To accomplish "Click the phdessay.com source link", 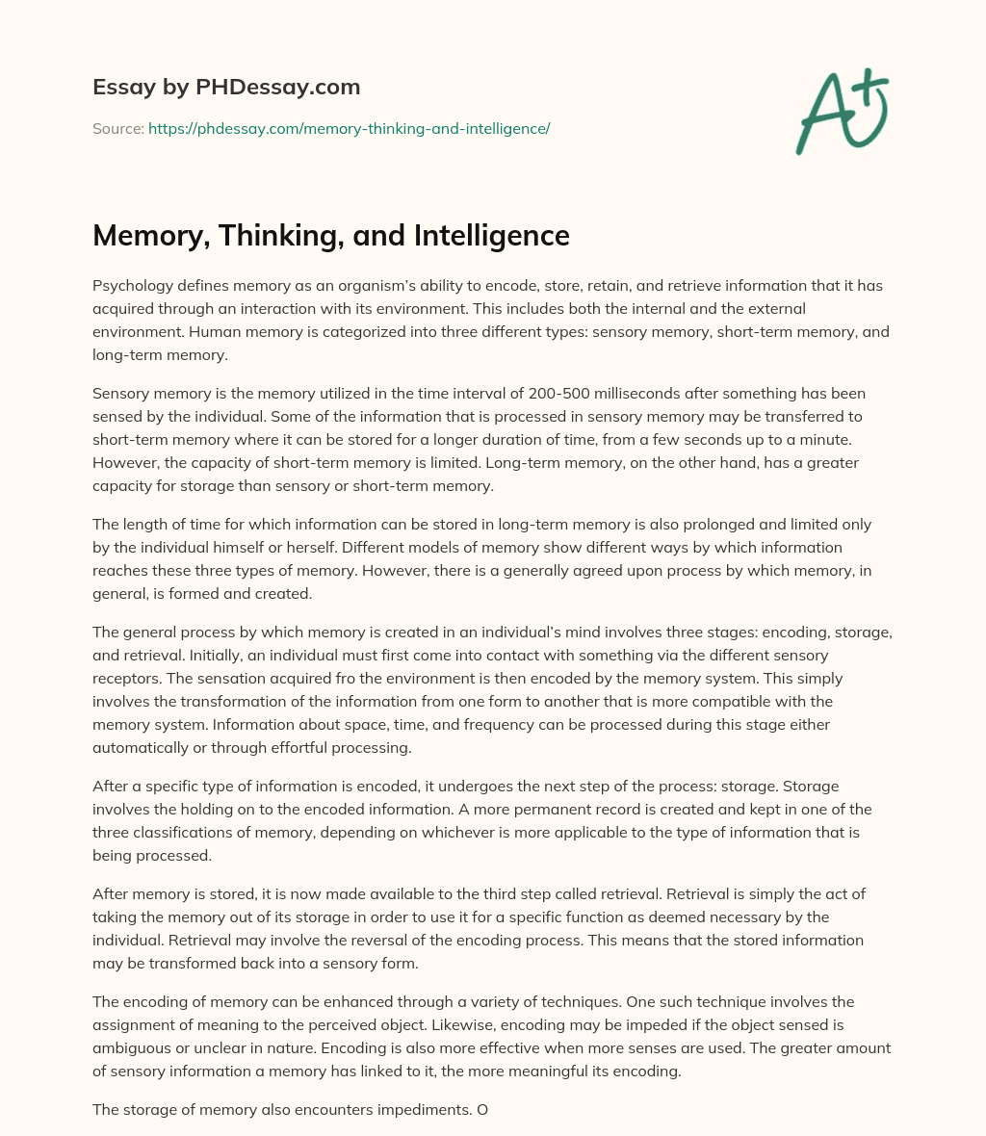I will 349,128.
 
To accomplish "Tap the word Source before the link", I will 117,128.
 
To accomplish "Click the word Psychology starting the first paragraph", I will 135,286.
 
